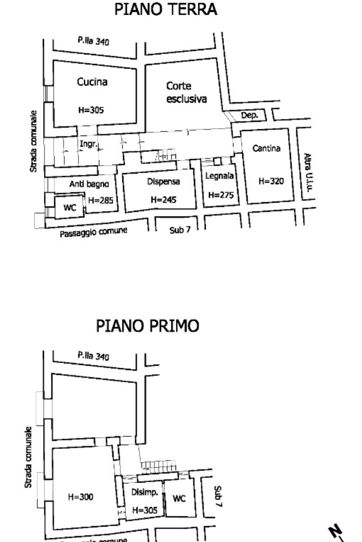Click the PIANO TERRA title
(165, 10)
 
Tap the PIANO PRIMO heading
(148, 326)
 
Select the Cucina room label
(92, 82)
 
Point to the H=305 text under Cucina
(91, 110)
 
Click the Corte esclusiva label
(186, 92)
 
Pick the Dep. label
(250, 115)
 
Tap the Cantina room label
(266, 149)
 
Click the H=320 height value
(271, 181)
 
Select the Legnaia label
(219, 176)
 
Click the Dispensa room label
(163, 182)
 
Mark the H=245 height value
(163, 200)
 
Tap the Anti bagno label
(89, 184)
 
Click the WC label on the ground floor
(70, 207)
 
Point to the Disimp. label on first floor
(144, 493)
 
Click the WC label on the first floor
(179, 498)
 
